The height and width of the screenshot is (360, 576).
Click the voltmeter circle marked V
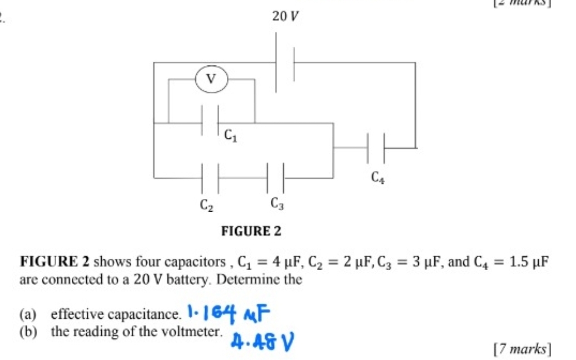click(210, 79)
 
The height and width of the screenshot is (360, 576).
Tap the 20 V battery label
click(285, 16)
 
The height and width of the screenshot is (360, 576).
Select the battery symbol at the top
click(285, 62)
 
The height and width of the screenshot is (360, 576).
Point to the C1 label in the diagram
click(231, 135)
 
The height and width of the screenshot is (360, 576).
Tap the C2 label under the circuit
click(206, 206)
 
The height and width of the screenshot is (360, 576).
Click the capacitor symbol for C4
click(376, 148)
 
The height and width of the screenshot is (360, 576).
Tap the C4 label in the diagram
click(378, 178)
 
